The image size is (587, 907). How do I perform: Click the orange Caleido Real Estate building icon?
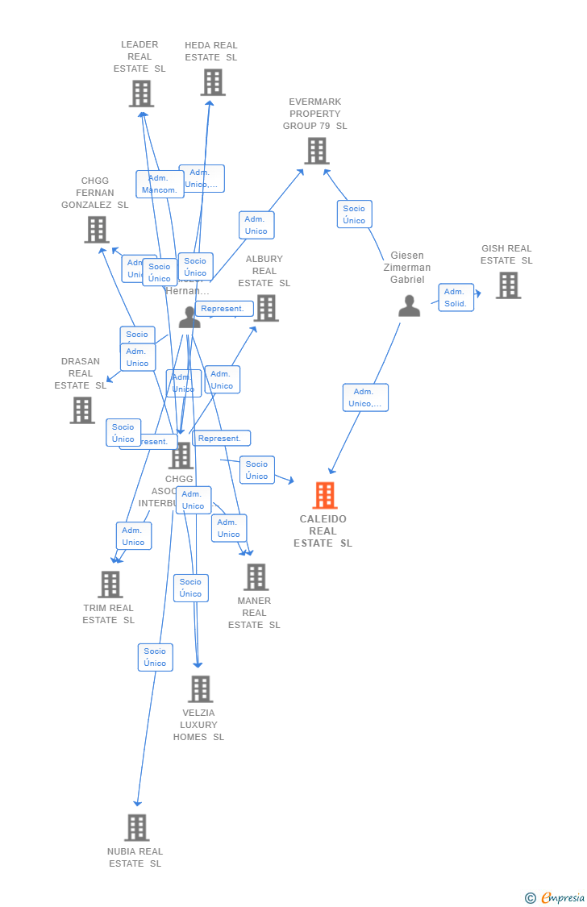click(x=324, y=495)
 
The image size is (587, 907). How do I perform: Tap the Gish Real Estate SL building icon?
click(x=508, y=285)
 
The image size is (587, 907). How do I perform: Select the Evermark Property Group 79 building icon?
click(x=316, y=151)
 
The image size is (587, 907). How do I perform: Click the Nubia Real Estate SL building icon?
click(x=137, y=827)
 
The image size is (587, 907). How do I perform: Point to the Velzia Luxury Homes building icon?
click(x=200, y=689)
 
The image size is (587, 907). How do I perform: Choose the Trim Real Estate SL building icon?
click(x=110, y=584)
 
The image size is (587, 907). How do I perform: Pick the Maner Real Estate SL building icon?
click(x=256, y=576)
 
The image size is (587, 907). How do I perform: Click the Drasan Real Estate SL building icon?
click(x=81, y=410)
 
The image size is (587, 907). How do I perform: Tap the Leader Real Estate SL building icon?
click(x=141, y=94)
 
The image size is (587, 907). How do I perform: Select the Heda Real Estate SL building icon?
click(x=213, y=82)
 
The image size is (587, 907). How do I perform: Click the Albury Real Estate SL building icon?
click(x=265, y=307)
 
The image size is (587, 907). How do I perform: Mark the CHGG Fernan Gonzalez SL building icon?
click(x=97, y=230)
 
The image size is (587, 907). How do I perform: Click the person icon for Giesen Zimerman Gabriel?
click(x=410, y=306)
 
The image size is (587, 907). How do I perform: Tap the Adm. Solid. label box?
click(x=456, y=297)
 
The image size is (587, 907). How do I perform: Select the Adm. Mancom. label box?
click(x=160, y=184)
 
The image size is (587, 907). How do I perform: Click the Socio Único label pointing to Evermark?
click(x=354, y=214)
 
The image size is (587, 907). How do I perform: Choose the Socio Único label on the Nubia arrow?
click(x=155, y=657)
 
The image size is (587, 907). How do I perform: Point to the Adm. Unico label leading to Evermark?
click(x=256, y=225)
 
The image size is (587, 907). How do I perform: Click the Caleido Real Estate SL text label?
click(x=323, y=530)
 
